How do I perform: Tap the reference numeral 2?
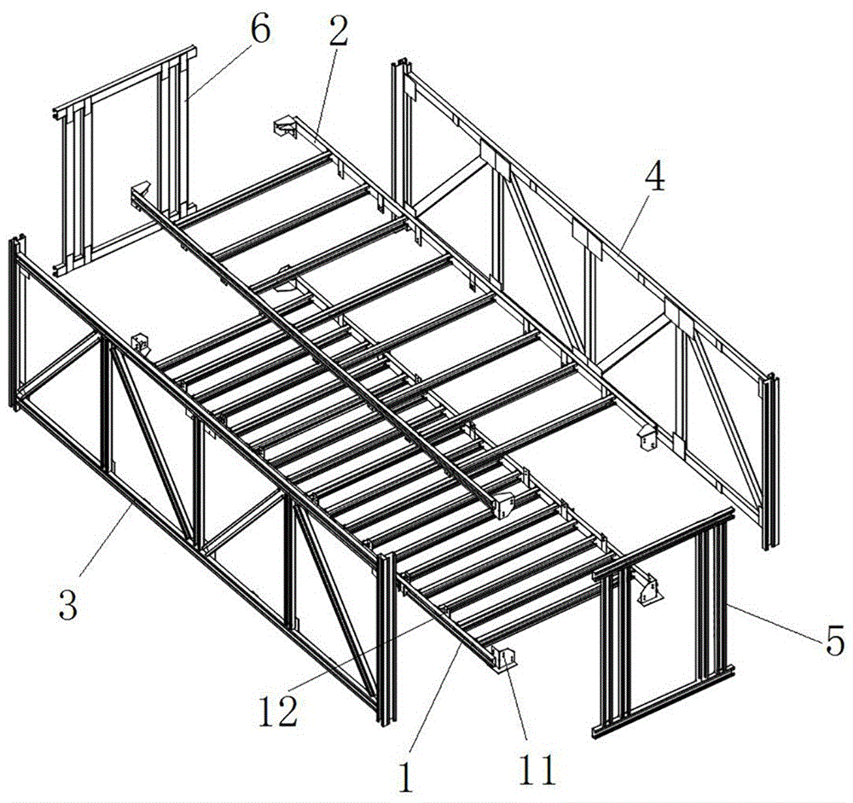tap(338, 28)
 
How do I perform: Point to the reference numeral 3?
tap(68, 604)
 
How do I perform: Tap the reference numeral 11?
tap(537, 769)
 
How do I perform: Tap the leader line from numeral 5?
tap(775, 622)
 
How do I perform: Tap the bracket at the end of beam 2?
tap(284, 127)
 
